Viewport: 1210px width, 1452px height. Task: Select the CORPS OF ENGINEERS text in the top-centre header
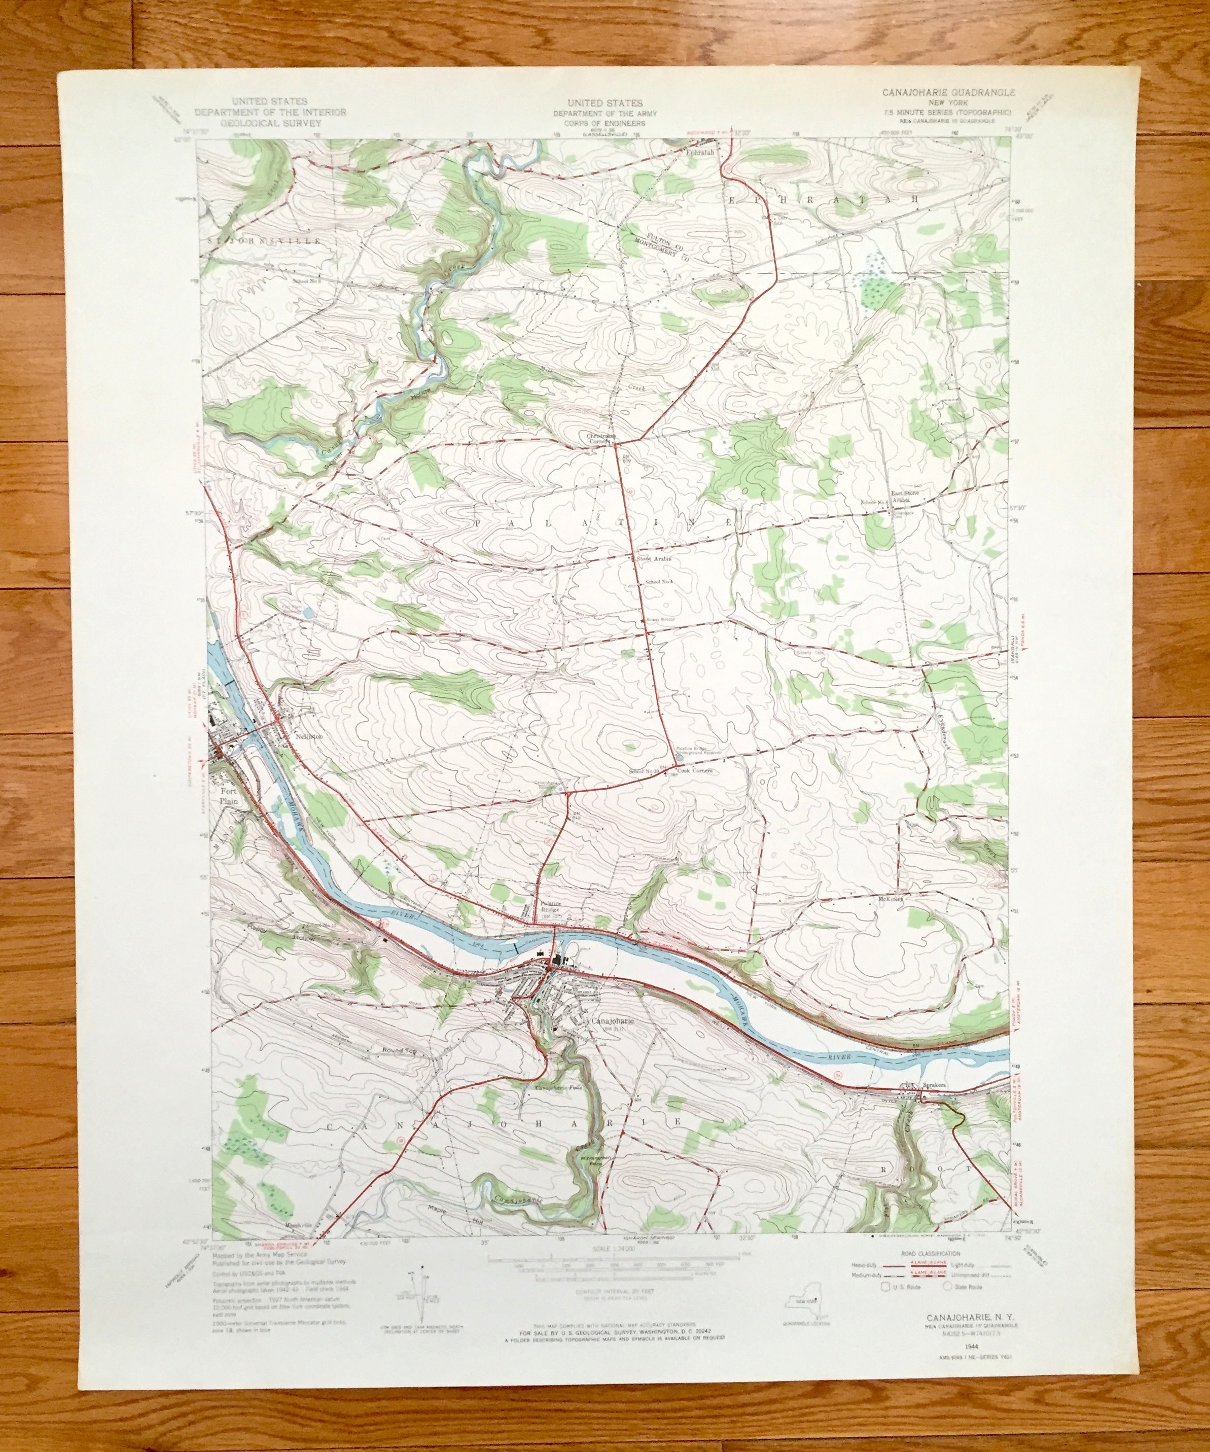coord(604,122)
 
